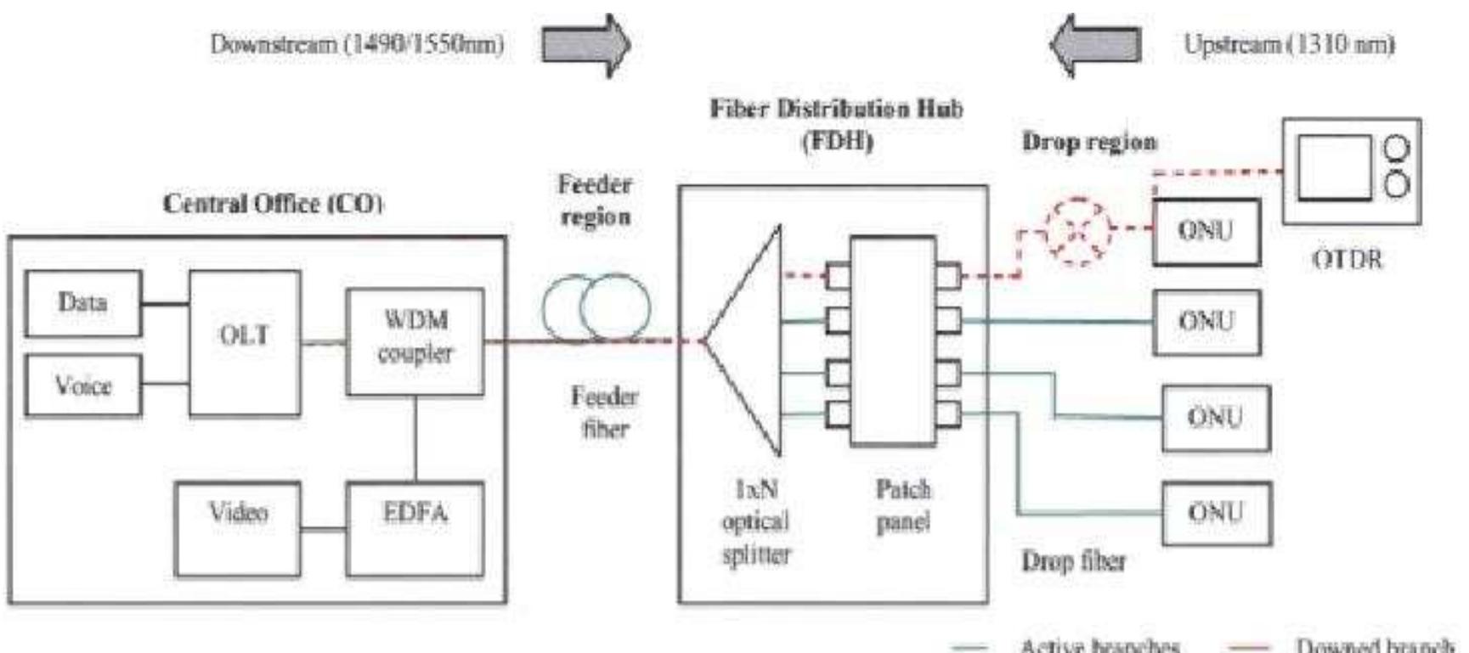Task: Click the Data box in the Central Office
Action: point(82,303)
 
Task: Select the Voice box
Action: point(82,386)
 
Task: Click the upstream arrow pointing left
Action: point(1096,44)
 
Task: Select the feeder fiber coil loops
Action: point(597,308)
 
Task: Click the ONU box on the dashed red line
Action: point(1206,231)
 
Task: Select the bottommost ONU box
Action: point(1216,513)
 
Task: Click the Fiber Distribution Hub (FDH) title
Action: point(837,124)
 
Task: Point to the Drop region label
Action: point(1089,142)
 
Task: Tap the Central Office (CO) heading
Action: point(273,204)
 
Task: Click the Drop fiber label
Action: point(1073,560)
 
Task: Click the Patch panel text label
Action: point(903,505)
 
